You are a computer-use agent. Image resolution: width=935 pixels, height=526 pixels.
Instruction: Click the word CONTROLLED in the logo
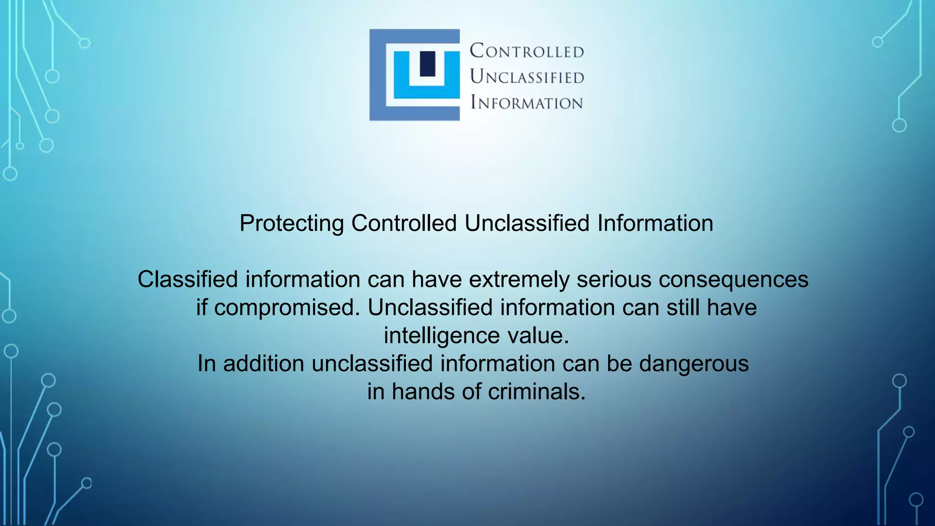coord(527,51)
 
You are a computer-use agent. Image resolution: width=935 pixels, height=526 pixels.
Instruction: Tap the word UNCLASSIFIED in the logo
coord(527,77)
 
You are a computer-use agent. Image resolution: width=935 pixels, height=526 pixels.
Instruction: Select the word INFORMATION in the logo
coord(527,103)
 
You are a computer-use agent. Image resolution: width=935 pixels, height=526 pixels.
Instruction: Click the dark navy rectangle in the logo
coord(427,63)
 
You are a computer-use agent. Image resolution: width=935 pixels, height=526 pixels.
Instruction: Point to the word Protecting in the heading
coord(292,223)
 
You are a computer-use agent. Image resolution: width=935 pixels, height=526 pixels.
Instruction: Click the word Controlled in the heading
coord(404,223)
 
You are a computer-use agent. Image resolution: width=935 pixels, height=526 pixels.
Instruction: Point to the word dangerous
coord(694,364)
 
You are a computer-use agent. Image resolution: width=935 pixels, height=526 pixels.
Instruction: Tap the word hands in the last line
coord(423,392)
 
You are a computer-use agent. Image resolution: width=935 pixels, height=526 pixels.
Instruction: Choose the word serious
coord(614,279)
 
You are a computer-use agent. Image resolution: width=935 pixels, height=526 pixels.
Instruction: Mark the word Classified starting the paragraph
coord(188,279)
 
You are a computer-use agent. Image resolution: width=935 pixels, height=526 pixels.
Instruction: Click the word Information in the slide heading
coord(655,223)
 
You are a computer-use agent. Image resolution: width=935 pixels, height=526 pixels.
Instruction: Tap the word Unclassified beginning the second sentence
coord(430,308)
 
